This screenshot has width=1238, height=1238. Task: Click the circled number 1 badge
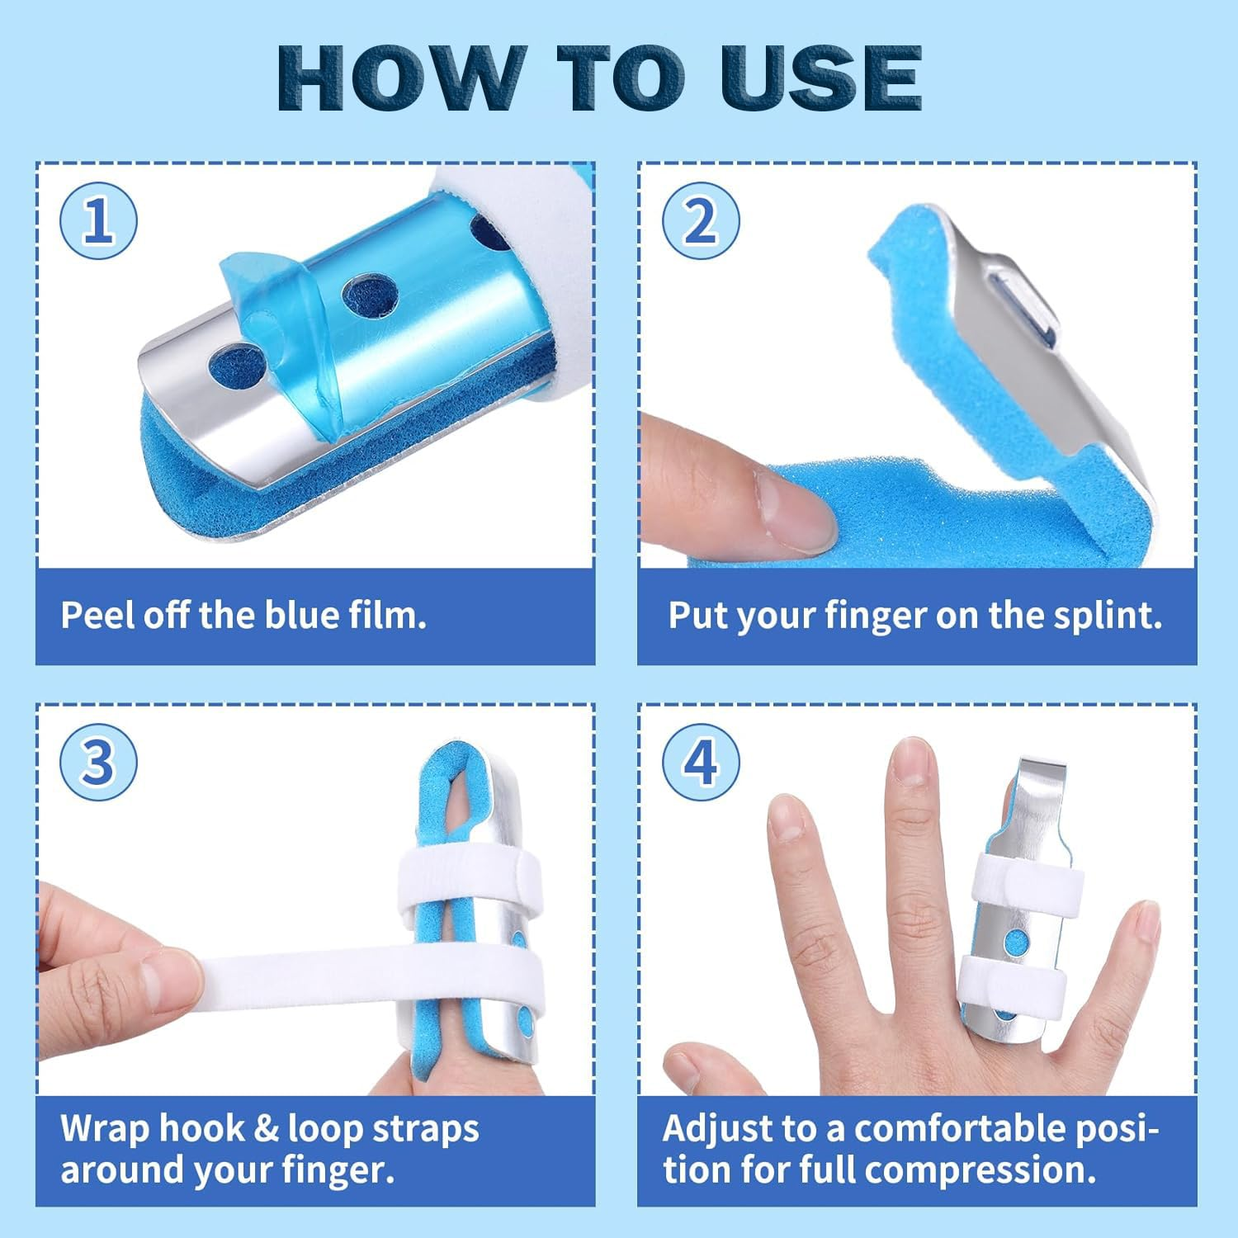(98, 221)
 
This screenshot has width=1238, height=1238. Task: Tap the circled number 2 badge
(701, 221)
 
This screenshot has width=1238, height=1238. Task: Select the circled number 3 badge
(98, 762)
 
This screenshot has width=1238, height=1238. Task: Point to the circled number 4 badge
(701, 762)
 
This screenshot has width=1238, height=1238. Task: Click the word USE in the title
(820, 78)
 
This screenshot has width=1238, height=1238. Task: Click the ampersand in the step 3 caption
(266, 1129)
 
